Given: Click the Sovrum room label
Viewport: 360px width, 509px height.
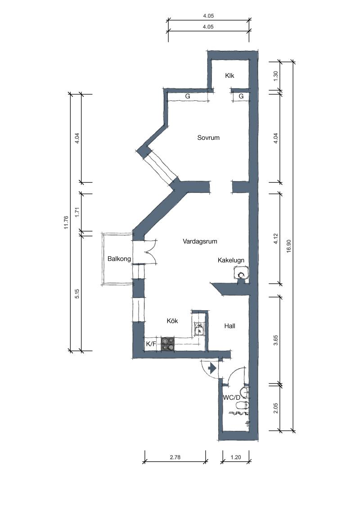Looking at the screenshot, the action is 208,138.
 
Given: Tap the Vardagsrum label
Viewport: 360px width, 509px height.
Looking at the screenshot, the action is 200,241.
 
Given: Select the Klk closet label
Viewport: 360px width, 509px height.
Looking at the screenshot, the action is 229,76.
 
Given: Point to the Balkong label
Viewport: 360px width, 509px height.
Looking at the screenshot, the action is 119,259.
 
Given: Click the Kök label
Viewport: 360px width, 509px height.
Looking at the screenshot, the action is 172,321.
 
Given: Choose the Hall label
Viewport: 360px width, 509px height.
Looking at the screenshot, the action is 229,326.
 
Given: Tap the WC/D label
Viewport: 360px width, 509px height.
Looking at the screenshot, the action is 232,397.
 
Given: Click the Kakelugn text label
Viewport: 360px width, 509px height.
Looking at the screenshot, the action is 231,260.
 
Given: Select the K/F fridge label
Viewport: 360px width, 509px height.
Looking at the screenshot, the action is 151,344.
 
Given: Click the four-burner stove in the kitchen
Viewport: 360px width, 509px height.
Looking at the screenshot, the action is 168,344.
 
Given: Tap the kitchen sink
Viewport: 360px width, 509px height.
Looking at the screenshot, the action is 199,329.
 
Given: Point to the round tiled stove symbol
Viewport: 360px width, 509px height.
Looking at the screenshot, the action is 241,275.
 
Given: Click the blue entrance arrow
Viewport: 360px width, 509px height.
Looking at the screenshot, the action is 212,368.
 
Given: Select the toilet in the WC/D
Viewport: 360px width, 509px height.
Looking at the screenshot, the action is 242,405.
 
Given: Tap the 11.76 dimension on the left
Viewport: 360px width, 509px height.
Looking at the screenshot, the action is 66,223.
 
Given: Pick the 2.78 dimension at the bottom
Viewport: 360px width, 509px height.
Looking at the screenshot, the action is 175,457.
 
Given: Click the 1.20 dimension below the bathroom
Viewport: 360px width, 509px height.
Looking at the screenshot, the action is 235,457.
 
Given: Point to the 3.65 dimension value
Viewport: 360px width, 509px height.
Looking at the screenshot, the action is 275,340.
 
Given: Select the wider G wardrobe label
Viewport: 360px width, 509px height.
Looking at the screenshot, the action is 188,96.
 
